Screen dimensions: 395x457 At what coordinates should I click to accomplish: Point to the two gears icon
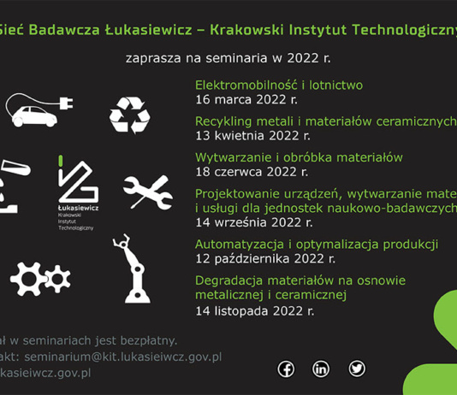[39, 277]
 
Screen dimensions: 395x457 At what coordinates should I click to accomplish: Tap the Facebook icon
[285, 368]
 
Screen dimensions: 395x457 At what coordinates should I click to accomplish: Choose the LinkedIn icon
[321, 368]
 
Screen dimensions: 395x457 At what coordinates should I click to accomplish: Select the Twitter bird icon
[357, 368]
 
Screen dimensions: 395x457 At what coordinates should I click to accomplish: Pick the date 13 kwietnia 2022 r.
[252, 135]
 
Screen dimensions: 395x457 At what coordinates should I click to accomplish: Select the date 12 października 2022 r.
[265, 258]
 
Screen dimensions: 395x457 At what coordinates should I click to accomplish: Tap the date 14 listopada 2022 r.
[254, 310]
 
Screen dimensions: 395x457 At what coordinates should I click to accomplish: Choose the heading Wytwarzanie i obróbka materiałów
[299, 158]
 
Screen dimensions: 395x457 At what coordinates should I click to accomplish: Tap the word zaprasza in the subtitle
[151, 59]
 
